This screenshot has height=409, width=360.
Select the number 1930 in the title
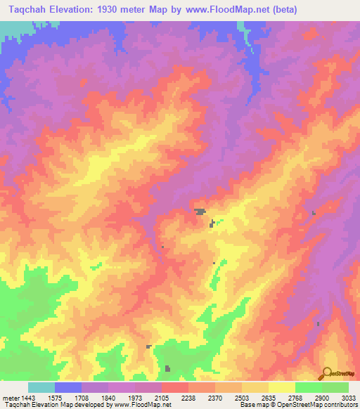[x=109, y=10]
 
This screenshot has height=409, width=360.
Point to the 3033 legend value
[x=347, y=397]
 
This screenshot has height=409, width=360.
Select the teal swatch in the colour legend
[x=41, y=387]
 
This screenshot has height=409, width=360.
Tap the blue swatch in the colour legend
[x=68, y=387]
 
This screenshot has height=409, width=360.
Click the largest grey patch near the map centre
[x=201, y=211]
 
